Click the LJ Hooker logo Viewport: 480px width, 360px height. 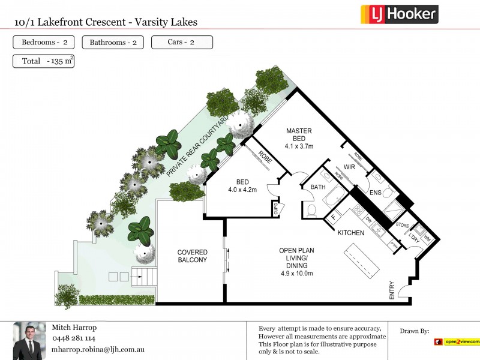pyautogui.click(x=399, y=14)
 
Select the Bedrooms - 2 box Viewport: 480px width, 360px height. pyautogui.click(x=44, y=42)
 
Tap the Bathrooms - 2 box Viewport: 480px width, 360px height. pyautogui.click(x=113, y=43)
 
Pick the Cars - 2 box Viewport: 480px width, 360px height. pyautogui.click(x=182, y=42)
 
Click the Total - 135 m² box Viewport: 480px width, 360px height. pyautogui.click(x=43, y=61)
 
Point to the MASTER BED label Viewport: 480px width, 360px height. pyautogui.click(x=299, y=134)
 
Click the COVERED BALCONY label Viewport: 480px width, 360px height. pyautogui.click(x=192, y=256)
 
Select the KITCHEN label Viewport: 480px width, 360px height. pyautogui.click(x=352, y=232)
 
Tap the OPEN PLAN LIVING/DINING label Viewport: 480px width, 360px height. pyautogui.click(x=297, y=258)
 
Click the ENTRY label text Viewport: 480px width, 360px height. pyautogui.click(x=392, y=290)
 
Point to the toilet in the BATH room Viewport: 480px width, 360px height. pyautogui.click(x=311, y=211)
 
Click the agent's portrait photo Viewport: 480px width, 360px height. pyautogui.click(x=29, y=341)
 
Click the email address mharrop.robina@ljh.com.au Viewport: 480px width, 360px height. pyautogui.click(x=98, y=349)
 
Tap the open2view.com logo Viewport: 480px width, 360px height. pyautogui.click(x=457, y=342)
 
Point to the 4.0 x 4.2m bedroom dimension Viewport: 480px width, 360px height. pyautogui.click(x=242, y=190)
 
